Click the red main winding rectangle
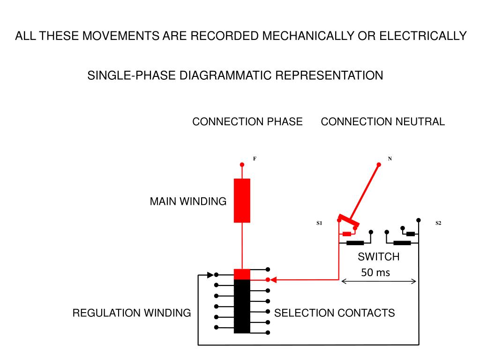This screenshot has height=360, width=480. pos(242,201)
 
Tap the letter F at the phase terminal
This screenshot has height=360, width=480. pos(255,158)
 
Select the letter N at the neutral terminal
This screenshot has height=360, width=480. pos(390,158)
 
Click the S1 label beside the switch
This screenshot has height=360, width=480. pos(319,223)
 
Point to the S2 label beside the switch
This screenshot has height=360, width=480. pos(438,223)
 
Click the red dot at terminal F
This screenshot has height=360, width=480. pos(242,165)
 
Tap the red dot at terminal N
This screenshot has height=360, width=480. pos(379,165)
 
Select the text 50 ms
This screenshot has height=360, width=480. pos(375,272)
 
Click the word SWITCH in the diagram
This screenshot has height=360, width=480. pos(379,256)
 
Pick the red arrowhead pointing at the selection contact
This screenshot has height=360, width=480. pos(274,280)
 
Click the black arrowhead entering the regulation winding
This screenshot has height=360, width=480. pos(210,275)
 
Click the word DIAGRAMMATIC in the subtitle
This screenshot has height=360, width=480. pos(225,75)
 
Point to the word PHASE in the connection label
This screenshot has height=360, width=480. pos(285,121)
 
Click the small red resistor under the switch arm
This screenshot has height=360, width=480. pos(346,234)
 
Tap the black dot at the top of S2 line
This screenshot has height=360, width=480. pos(419,220)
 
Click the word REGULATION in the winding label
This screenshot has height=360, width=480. pos(107,313)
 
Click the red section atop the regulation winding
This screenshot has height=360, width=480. pos(242,274)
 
